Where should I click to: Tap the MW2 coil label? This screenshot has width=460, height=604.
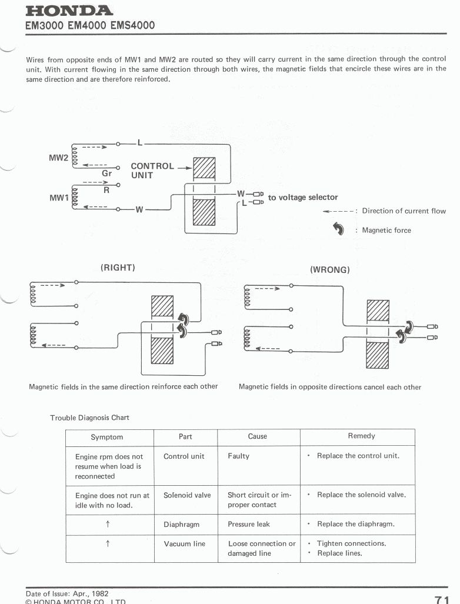click(x=59, y=158)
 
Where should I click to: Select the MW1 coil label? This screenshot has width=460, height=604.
click(x=59, y=198)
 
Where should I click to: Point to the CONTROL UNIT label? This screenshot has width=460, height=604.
click(x=152, y=171)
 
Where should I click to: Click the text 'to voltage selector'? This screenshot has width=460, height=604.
click(x=303, y=198)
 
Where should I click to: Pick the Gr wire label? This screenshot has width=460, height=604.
click(x=106, y=173)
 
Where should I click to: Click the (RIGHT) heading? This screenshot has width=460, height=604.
click(x=118, y=268)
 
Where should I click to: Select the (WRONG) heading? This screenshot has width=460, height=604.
click(x=330, y=270)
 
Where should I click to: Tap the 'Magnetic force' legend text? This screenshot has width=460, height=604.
click(x=386, y=231)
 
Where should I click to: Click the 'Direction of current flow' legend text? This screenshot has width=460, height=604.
click(x=404, y=211)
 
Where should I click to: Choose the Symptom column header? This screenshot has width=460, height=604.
click(x=107, y=437)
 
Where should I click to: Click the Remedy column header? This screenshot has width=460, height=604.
click(x=361, y=436)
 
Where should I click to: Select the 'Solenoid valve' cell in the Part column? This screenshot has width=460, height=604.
click(x=187, y=495)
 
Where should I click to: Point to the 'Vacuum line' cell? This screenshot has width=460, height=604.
click(x=184, y=544)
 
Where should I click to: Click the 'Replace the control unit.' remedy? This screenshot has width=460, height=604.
click(x=358, y=456)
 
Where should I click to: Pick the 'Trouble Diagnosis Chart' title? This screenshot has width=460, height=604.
click(x=89, y=418)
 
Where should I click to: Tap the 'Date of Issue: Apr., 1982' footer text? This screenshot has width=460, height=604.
click(x=67, y=594)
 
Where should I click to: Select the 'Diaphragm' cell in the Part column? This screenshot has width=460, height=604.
click(x=181, y=524)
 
